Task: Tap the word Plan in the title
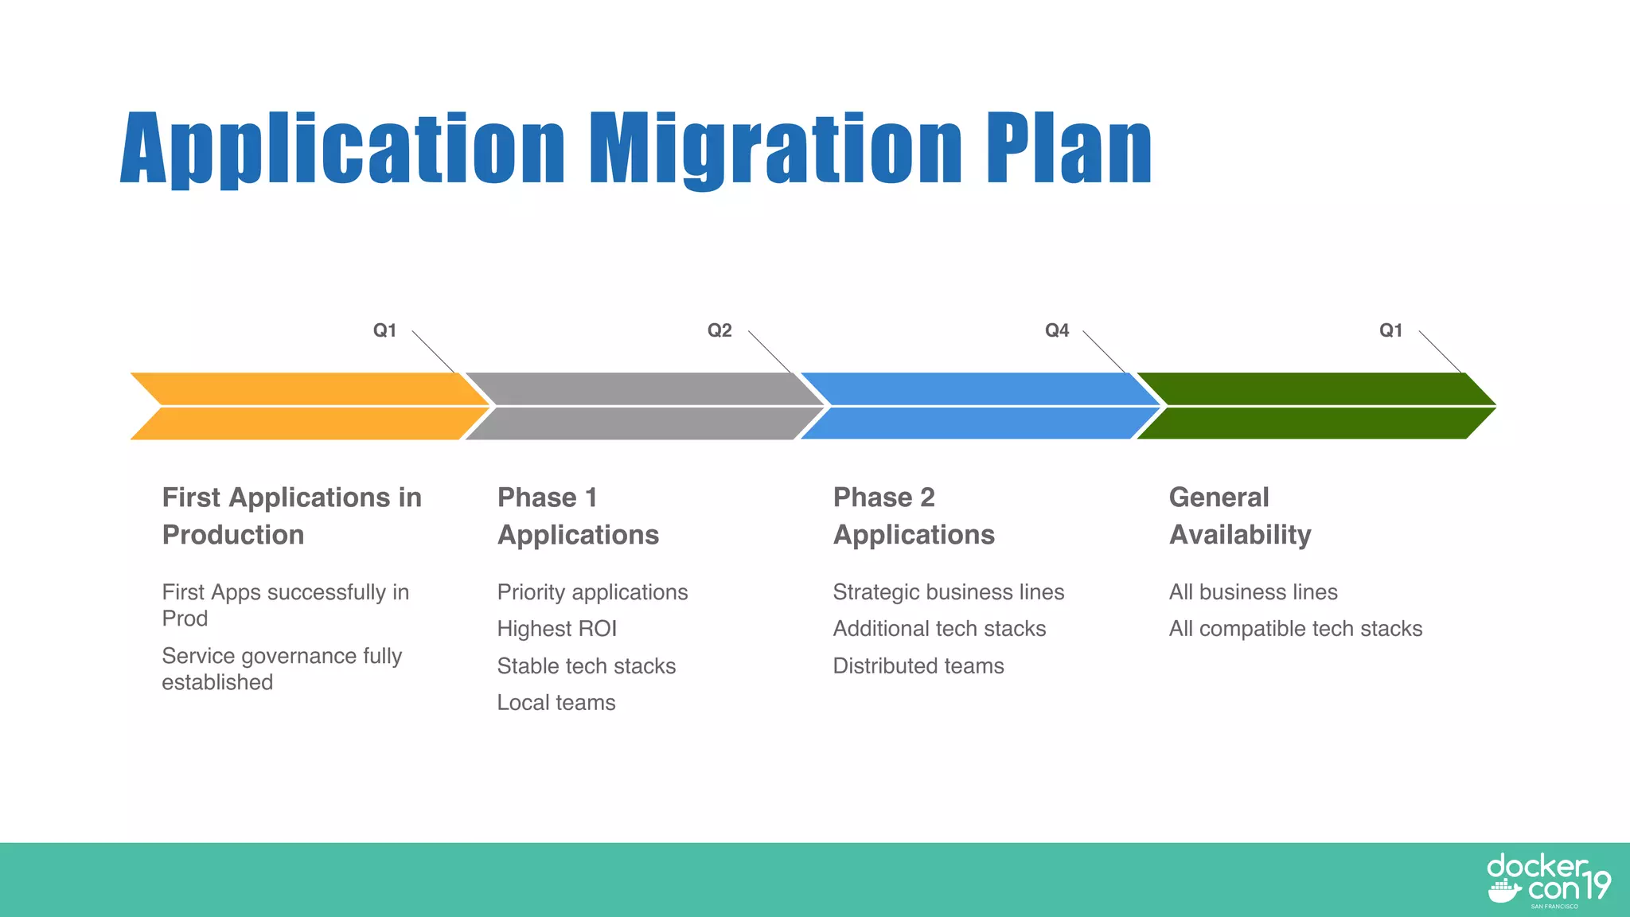[1068, 150]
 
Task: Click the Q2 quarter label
[719, 330]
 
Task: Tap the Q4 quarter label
[1057, 330]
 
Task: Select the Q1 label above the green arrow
[1390, 330]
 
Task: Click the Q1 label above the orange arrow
[384, 330]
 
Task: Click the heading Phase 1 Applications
[578, 516]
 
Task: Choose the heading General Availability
[1239, 516]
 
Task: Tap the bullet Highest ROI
[557, 629]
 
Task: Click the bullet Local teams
[556, 703]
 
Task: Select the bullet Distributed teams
[918, 666]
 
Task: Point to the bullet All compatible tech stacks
[1295, 629]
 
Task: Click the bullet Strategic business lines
[948, 592]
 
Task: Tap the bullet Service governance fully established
[281, 669]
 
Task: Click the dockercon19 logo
[1547, 880]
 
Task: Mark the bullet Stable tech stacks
[587, 666]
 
